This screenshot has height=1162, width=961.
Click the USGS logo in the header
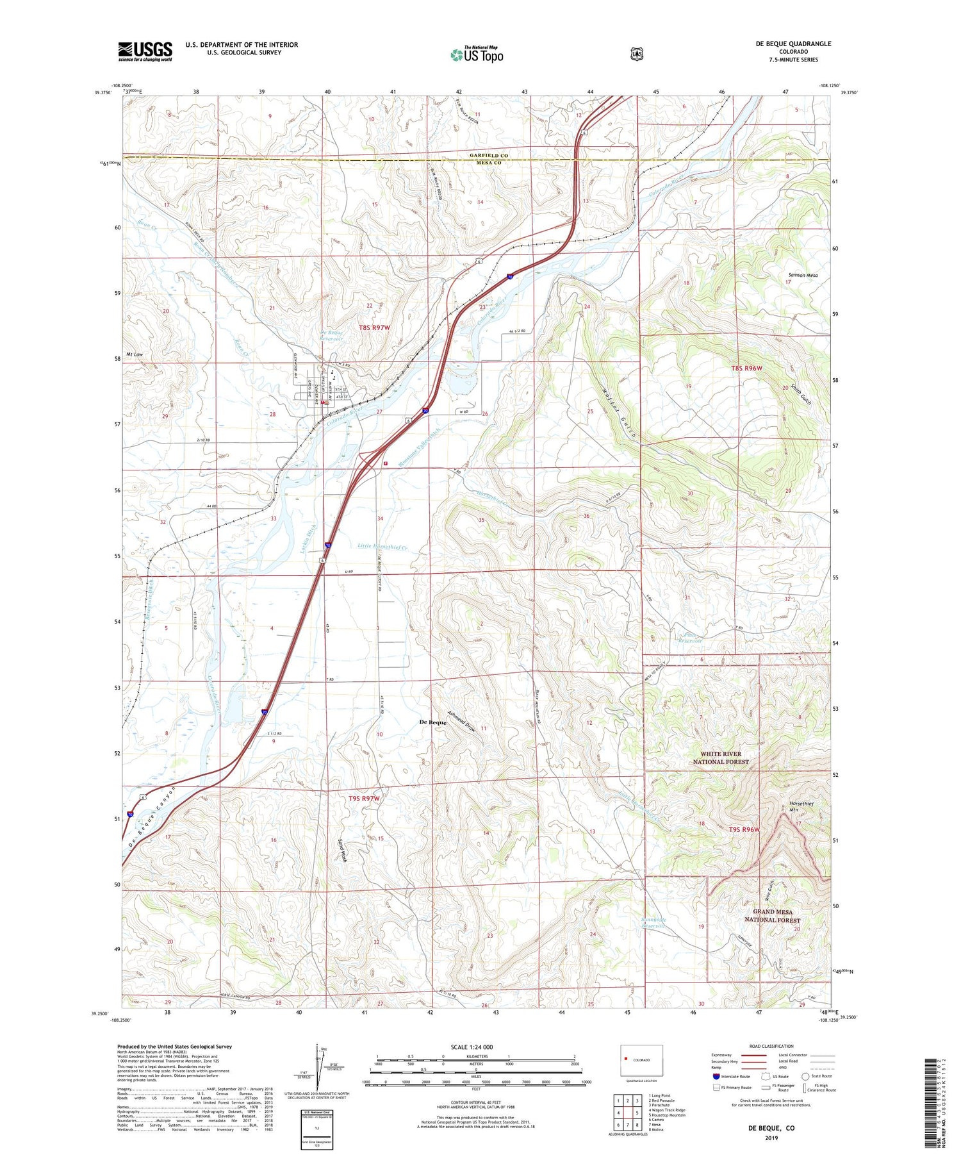145,51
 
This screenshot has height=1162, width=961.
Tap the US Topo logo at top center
477,55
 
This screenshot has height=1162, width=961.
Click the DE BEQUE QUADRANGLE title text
793,44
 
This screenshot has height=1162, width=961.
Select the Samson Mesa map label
802,275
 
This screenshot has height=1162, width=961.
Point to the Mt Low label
134,354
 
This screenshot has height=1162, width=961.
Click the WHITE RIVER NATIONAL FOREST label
721,758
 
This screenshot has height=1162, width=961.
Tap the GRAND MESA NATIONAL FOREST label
772,915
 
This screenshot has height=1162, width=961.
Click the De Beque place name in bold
432,722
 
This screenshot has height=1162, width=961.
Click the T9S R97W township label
365,799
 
